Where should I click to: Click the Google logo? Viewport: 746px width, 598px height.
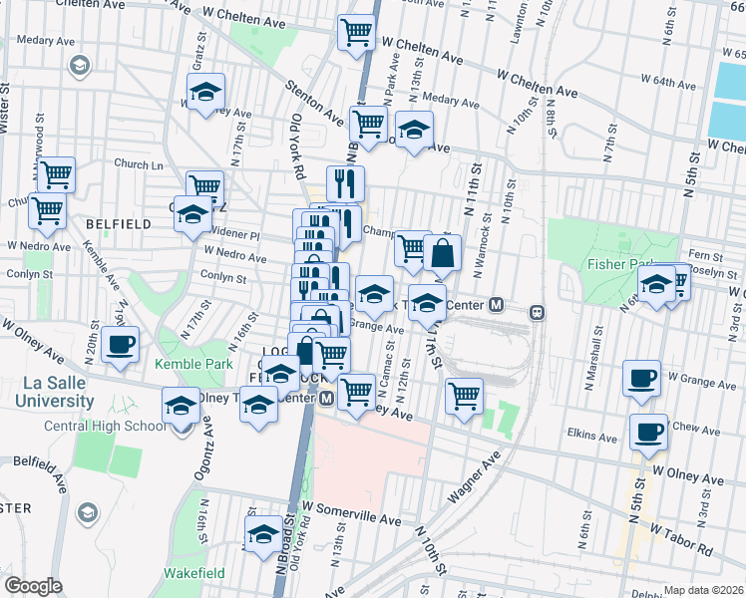33,586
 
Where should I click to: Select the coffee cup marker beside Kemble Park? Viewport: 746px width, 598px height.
120,346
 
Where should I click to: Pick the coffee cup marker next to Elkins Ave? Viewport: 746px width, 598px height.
649,432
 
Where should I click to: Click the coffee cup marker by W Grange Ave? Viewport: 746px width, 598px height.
641,378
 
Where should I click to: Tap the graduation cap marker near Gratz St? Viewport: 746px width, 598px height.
205,93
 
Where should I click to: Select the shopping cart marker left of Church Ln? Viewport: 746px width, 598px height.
56,174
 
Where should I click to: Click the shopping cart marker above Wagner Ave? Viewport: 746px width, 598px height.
464,396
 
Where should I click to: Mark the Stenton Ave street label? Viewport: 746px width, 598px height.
316,103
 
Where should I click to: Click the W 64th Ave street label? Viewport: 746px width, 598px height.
670,78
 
